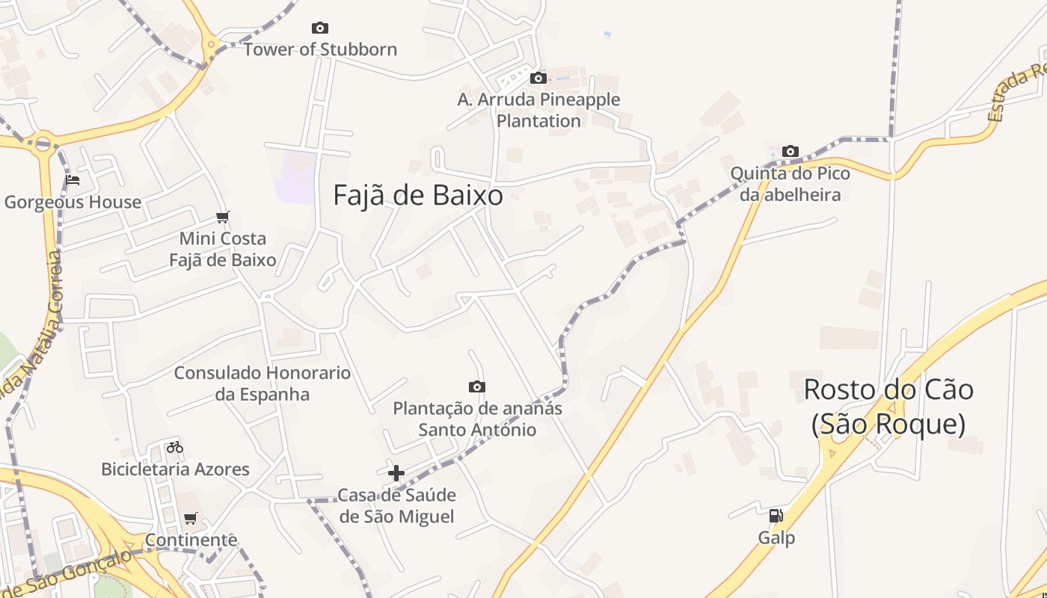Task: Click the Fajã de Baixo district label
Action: (417, 196)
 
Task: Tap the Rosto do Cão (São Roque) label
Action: (888, 407)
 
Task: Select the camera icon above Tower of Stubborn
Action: (320, 28)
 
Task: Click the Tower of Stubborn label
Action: (320, 50)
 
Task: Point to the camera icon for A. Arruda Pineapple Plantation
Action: (538, 78)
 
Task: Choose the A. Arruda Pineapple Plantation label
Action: (538, 110)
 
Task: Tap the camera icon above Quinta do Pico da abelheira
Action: (790, 152)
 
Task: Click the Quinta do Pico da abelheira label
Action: (790, 184)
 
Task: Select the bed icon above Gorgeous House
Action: (73, 180)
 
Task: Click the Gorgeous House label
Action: (73, 203)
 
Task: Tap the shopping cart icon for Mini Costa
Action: (222, 218)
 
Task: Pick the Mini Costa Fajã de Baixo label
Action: (222, 249)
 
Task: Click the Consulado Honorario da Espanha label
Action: (262, 383)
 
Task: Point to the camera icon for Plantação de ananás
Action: (477, 386)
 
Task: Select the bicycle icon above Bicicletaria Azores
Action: (175, 447)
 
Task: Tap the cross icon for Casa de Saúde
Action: (396, 473)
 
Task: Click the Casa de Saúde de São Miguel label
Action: (396, 505)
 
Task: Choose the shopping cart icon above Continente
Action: (191, 518)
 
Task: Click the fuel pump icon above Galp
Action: (776, 515)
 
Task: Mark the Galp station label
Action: (776, 538)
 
